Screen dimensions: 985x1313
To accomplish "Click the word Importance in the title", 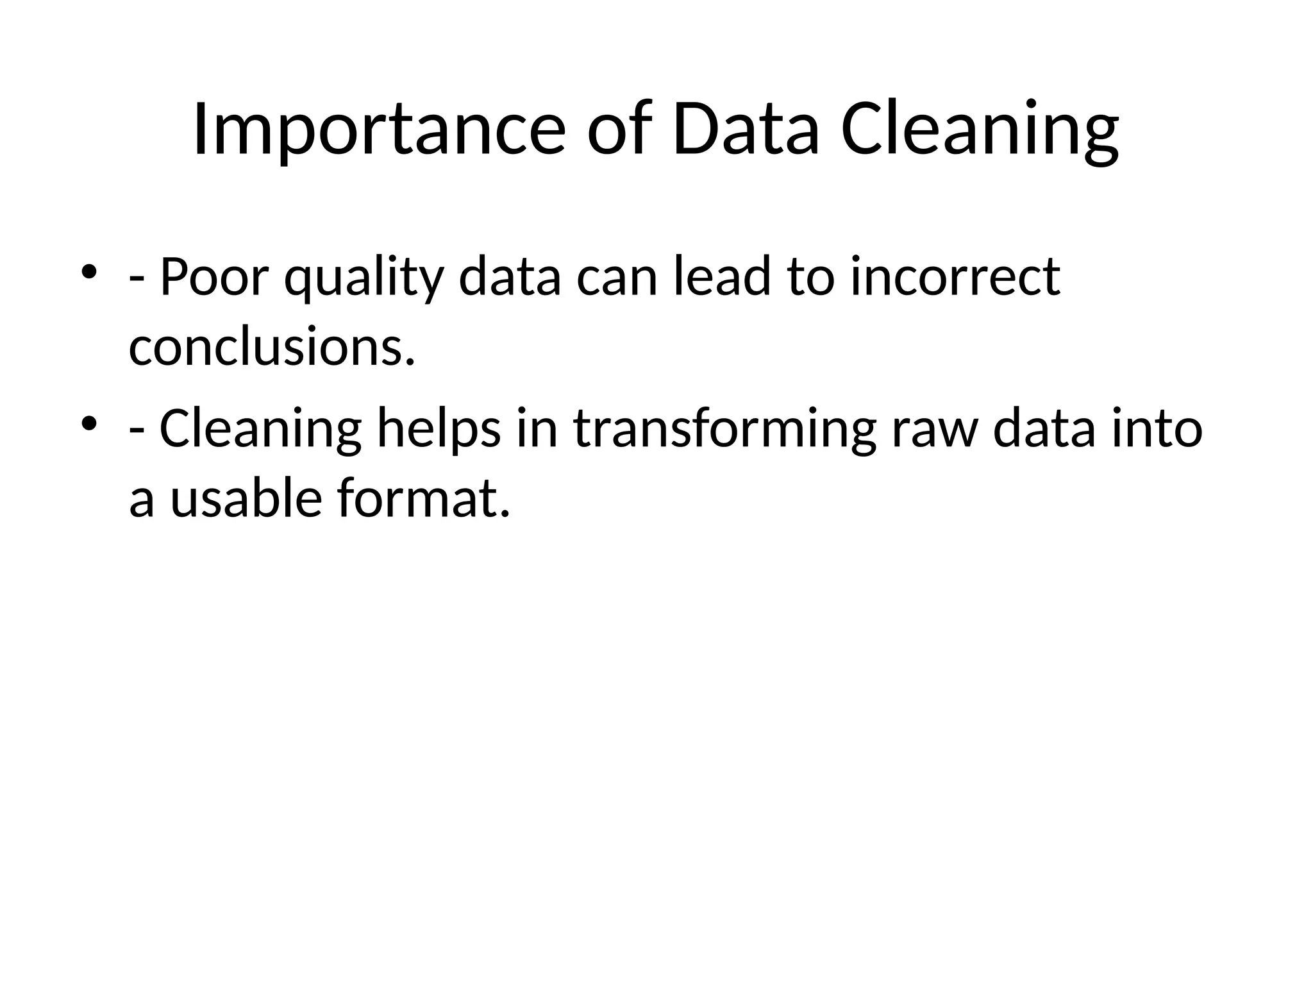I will pyautogui.click(x=378, y=130).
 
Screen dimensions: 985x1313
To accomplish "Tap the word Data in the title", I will pyautogui.click(x=746, y=130).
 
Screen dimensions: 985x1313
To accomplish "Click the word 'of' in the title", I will pyautogui.click(x=619, y=130).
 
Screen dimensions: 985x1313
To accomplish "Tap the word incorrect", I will pyautogui.click(x=955, y=277).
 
